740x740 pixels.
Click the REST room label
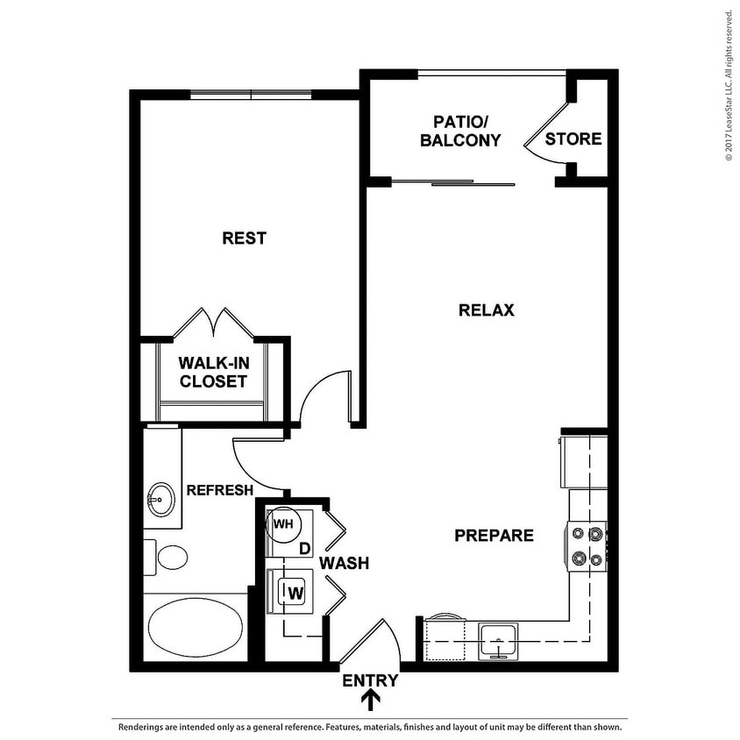click(244, 238)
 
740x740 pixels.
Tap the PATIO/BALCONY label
click(460, 131)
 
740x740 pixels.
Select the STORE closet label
click(573, 139)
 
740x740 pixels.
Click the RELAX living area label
click(486, 310)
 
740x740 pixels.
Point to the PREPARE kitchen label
click(494, 536)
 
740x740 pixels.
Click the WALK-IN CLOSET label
click(212, 373)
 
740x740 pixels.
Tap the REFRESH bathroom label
click(219, 490)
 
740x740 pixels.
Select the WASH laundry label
click(344, 563)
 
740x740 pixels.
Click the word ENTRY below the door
click(370, 680)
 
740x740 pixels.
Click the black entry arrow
click(371, 700)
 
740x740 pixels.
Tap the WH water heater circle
click(283, 524)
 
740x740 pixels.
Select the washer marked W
click(295, 593)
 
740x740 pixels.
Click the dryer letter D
click(304, 549)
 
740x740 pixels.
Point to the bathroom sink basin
click(160, 501)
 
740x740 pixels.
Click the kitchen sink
click(498, 640)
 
